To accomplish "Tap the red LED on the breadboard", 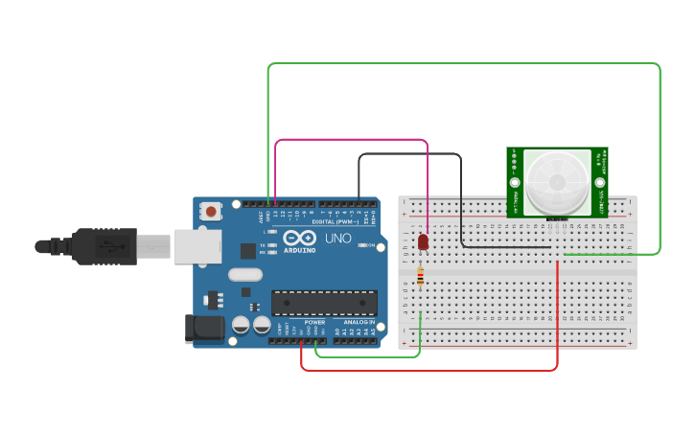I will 423,241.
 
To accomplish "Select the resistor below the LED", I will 420,277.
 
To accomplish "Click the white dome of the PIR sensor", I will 557,181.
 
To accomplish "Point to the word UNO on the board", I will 338,238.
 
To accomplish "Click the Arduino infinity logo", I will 298,238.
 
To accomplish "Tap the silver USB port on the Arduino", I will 197,245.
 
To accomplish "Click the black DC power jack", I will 203,330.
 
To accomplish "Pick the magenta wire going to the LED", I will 351,140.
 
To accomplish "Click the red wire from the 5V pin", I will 431,370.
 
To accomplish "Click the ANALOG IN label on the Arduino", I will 359,322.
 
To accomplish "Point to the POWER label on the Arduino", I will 314,322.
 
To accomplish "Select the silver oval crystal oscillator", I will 244,274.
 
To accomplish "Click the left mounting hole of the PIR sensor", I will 515,182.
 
